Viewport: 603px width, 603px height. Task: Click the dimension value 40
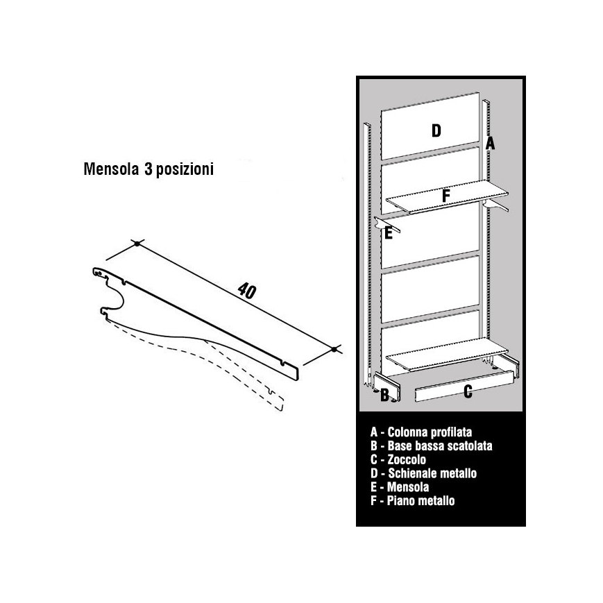tap(246, 291)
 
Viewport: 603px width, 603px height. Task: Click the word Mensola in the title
tap(111, 169)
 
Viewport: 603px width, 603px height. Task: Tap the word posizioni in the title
tap(185, 169)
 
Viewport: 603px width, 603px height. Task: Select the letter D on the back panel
tap(436, 130)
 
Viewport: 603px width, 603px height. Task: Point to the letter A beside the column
tap(490, 143)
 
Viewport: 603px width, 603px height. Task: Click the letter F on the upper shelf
tap(445, 196)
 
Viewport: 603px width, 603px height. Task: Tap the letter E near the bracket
tap(389, 233)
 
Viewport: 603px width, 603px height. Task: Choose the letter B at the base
tap(384, 396)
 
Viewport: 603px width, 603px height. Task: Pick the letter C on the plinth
tap(468, 391)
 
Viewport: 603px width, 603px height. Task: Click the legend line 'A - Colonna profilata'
tap(421, 432)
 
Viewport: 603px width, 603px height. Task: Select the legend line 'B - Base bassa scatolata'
tap(432, 445)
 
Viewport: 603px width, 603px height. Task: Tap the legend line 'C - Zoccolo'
tap(398, 459)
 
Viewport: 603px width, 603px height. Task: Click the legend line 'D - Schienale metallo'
tap(424, 473)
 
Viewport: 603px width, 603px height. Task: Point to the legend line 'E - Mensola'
tap(400, 487)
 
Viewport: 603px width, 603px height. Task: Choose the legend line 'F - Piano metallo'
tap(413, 501)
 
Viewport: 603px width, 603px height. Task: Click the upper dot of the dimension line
tap(137, 244)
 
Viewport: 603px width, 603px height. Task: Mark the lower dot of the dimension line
tap(334, 349)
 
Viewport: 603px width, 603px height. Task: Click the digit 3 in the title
tap(148, 169)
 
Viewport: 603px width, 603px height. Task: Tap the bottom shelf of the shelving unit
tap(447, 354)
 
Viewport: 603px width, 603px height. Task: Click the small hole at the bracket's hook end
tap(100, 273)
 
